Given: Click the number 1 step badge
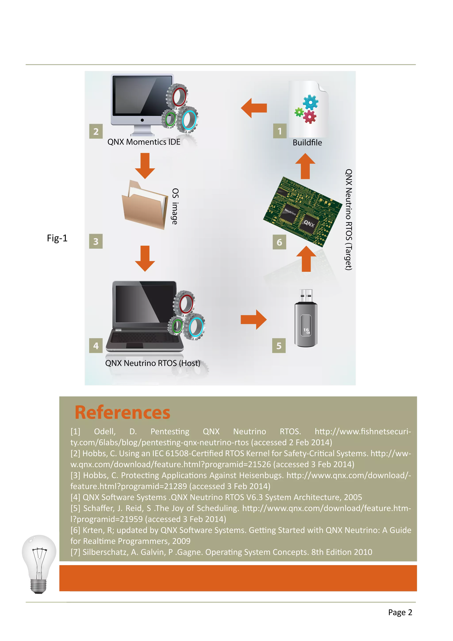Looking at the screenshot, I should click(x=280, y=131).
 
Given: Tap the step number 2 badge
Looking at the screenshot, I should click(x=96, y=131).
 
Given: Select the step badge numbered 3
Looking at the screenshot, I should click(x=96, y=241).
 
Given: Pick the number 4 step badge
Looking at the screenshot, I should click(x=96, y=346).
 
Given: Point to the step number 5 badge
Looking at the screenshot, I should click(x=279, y=346).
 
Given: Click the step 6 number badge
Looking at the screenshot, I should click(x=279, y=242).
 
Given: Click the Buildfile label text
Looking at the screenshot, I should click(x=307, y=143).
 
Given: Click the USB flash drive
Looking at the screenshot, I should click(x=306, y=319).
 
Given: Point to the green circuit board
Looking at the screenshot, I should click(x=303, y=212).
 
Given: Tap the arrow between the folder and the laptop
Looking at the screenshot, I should click(x=145, y=258).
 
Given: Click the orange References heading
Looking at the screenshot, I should click(x=123, y=413).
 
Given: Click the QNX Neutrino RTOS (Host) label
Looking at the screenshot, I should click(x=153, y=363).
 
